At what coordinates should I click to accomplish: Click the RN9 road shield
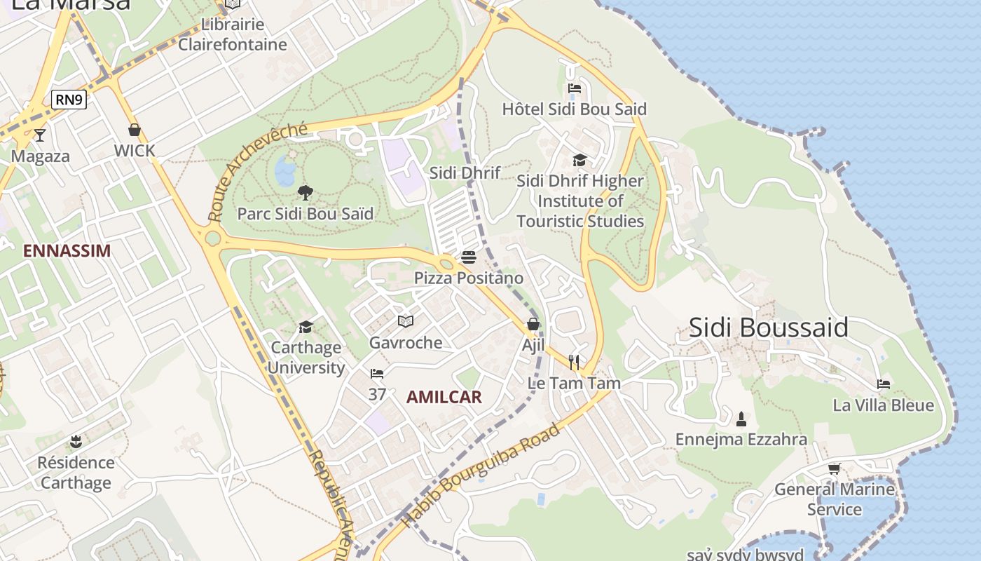(69, 100)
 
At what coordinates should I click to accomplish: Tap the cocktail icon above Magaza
(40, 135)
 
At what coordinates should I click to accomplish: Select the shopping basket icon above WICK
(135, 130)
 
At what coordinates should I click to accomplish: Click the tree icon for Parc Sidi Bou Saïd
(305, 192)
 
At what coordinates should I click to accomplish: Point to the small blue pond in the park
(285, 170)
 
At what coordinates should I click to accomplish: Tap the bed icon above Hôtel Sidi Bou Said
(575, 88)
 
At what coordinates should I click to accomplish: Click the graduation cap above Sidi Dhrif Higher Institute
(579, 161)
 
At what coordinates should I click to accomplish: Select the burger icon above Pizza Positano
(469, 257)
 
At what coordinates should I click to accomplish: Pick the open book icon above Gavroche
(406, 322)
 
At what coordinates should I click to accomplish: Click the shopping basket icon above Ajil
(533, 324)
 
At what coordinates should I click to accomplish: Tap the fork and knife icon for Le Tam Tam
(574, 362)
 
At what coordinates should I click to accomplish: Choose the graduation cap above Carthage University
(306, 327)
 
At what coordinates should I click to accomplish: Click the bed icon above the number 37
(377, 374)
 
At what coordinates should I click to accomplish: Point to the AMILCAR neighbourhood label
(444, 398)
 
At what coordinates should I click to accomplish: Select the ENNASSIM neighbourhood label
(67, 251)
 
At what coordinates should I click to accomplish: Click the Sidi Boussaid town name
(769, 327)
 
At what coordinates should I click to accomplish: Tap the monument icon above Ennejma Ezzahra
(741, 419)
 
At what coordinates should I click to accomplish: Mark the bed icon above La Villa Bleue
(884, 384)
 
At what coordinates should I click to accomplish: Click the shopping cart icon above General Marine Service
(834, 468)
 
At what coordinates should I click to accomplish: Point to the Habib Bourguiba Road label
(481, 475)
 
